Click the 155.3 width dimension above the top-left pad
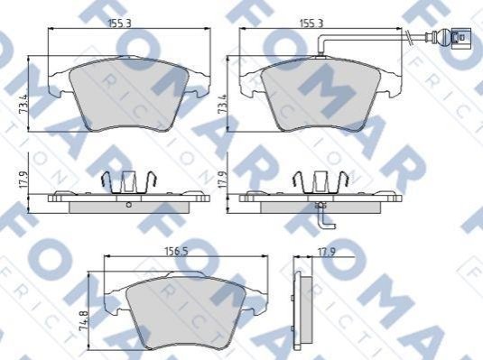pos(120,23)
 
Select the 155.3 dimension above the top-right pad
pos(312,23)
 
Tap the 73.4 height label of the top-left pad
pos(23,105)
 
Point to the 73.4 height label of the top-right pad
pos(222,105)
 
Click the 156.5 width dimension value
pos(176,252)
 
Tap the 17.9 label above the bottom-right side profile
pos(327,253)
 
